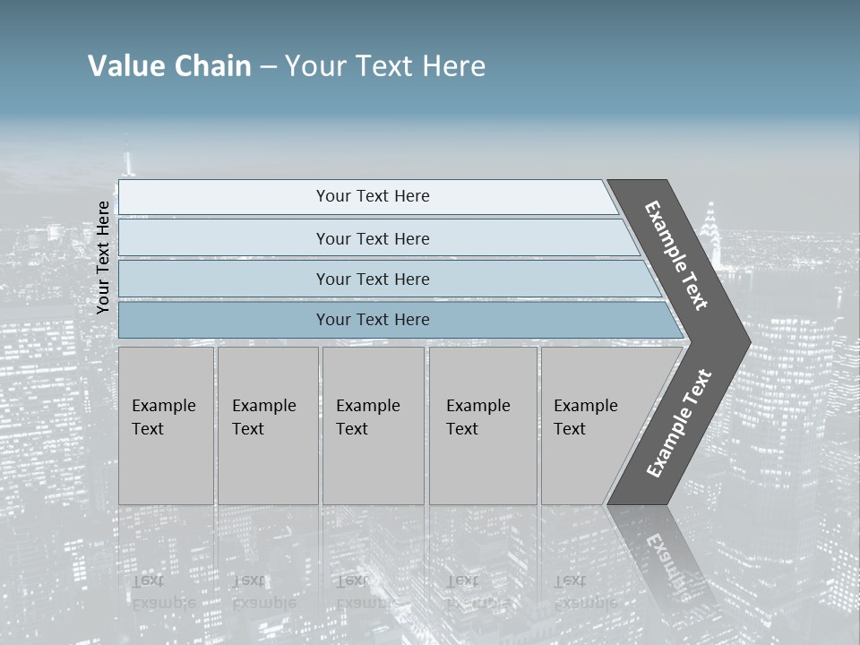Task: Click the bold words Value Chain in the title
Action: click(169, 66)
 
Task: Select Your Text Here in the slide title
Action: click(385, 66)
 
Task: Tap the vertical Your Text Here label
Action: click(103, 257)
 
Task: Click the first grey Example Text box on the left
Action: click(166, 426)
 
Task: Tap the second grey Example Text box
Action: click(267, 426)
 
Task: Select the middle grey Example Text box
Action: click(373, 426)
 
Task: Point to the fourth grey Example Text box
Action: click(483, 426)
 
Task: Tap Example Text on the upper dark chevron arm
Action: click(676, 255)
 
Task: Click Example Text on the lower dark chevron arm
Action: click(678, 424)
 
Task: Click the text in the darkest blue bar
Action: click(373, 320)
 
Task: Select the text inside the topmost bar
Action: click(373, 196)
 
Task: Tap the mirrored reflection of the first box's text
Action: click(163, 592)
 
